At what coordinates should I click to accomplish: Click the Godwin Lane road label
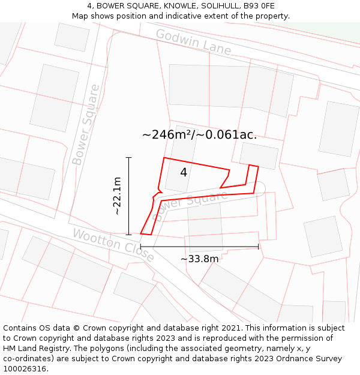coord(193,42)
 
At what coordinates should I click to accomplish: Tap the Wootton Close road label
coord(113,244)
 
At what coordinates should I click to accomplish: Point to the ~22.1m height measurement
coord(117,196)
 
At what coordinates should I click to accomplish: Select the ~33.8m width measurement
coord(199,259)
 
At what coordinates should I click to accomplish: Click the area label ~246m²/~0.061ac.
coord(199,135)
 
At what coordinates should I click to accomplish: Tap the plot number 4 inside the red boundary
coord(184,172)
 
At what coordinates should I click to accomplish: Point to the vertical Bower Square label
coord(86,125)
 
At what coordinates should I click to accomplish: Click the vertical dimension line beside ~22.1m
coord(128,196)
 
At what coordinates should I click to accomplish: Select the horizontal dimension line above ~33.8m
coord(199,246)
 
